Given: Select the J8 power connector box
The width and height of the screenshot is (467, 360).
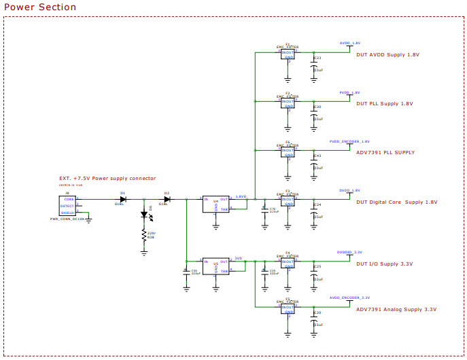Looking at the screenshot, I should (67, 204).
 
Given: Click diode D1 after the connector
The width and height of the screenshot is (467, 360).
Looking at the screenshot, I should (123, 199).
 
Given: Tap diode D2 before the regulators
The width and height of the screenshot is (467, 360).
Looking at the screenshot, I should (167, 199).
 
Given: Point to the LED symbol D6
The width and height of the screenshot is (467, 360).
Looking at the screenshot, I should (144, 214).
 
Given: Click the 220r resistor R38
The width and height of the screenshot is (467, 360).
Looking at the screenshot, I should (144, 236).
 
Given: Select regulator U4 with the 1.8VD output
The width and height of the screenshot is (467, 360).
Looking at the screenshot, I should (215, 204).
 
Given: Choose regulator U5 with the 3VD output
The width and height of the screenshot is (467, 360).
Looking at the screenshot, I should (215, 266).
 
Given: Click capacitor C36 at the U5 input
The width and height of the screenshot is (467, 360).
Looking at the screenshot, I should (186, 271).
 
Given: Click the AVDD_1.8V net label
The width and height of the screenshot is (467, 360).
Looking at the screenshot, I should (350, 43).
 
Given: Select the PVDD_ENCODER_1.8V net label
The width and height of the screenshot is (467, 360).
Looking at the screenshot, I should (349, 141).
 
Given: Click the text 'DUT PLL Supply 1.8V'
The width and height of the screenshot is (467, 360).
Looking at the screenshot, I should (384, 104).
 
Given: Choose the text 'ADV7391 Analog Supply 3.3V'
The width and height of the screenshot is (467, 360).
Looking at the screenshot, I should (396, 309).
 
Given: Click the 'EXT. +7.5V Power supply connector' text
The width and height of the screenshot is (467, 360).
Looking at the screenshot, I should (107, 179).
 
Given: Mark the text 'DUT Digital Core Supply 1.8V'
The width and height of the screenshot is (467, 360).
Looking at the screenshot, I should (396, 202).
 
